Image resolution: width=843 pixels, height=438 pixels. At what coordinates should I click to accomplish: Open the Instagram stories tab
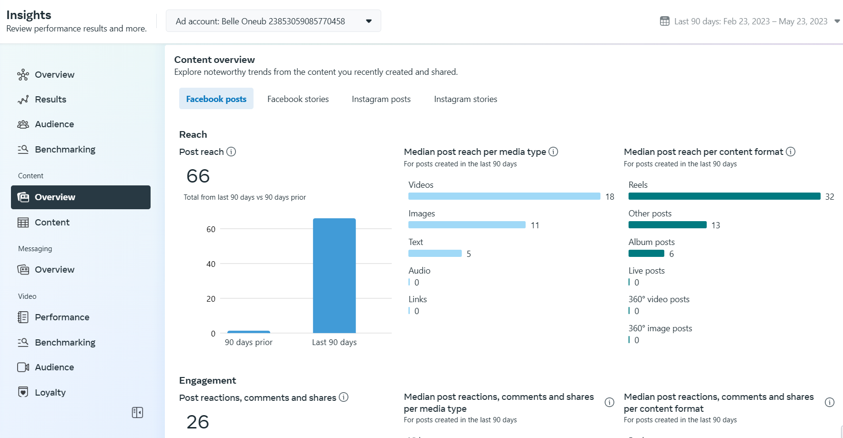click(465, 99)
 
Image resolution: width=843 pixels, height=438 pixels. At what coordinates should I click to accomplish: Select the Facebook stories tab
click(298, 99)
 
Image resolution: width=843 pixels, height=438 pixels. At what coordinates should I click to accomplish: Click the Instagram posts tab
click(381, 99)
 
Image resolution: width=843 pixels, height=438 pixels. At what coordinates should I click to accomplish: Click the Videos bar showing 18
click(504, 196)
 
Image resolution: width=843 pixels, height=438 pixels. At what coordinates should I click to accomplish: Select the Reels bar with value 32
click(724, 196)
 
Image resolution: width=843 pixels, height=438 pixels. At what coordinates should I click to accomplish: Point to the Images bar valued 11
click(467, 225)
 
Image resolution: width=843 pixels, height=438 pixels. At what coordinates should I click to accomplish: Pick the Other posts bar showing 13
click(667, 225)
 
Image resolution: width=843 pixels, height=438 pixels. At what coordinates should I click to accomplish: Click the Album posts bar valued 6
click(646, 254)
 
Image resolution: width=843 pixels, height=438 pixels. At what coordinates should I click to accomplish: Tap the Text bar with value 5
click(435, 254)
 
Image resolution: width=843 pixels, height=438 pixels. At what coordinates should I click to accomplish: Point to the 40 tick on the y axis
click(211, 264)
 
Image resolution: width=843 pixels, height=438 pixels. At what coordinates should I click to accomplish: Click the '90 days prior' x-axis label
click(248, 342)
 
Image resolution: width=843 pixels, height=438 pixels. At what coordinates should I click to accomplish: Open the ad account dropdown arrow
click(368, 21)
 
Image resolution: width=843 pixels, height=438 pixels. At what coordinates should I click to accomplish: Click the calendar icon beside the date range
click(664, 21)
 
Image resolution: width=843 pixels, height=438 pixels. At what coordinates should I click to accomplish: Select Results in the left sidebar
click(51, 99)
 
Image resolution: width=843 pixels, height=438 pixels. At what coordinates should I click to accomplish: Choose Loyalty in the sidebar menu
click(50, 392)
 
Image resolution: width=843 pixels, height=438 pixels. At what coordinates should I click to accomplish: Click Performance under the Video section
click(62, 317)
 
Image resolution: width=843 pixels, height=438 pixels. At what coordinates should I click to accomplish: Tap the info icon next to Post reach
click(231, 152)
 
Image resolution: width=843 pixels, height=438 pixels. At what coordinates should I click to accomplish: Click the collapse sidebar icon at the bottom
click(137, 412)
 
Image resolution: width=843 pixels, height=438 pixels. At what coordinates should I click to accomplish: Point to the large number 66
click(198, 176)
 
